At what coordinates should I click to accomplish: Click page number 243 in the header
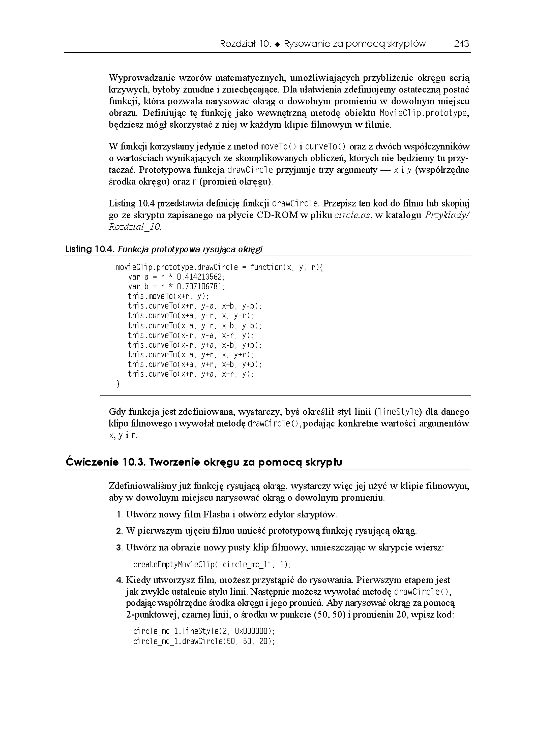click(x=461, y=44)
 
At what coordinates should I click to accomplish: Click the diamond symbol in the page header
click(x=277, y=44)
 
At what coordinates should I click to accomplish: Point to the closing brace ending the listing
click(x=118, y=384)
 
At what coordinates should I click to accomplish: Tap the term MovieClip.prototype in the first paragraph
click(x=424, y=113)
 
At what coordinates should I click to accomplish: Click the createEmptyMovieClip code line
click(x=212, y=565)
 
